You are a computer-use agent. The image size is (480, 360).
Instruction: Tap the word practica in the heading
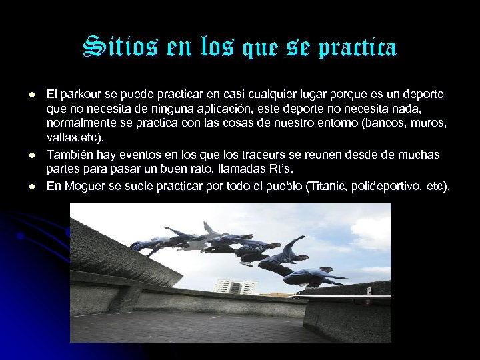(360, 48)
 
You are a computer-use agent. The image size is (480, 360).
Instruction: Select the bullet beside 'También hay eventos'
(23, 155)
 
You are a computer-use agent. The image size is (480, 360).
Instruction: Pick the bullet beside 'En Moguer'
(23, 186)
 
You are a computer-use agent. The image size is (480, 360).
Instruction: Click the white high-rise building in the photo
(236, 287)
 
